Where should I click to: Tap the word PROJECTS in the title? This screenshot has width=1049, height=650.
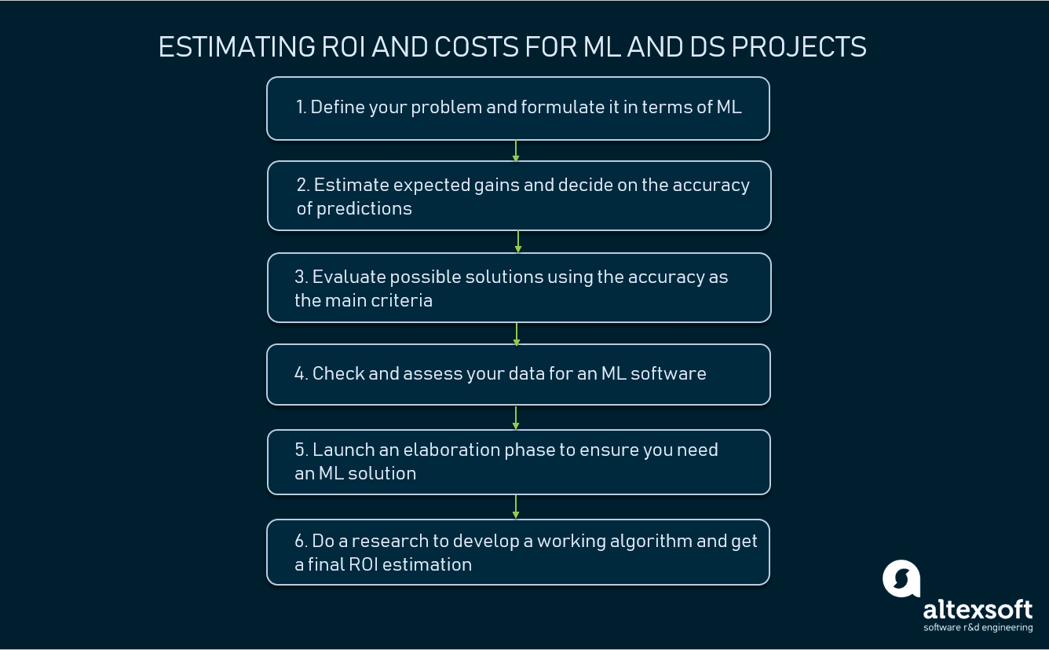pos(799,47)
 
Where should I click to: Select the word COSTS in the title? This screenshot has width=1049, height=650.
pos(470,47)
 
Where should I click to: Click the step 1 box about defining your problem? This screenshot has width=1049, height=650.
pos(517,108)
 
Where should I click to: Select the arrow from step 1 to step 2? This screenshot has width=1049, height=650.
pos(516,151)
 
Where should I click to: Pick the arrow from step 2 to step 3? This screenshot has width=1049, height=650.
pos(518,242)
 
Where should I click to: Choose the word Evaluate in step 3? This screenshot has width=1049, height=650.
pos(349,277)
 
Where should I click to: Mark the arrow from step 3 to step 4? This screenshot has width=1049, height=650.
pos(517,333)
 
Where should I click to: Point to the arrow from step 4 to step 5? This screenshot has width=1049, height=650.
pos(516,417)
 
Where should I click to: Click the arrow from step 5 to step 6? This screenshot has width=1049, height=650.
pos(516,507)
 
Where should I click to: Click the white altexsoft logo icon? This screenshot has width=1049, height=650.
pos(901,578)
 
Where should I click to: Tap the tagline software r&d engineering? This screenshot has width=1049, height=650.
pos(978,627)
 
